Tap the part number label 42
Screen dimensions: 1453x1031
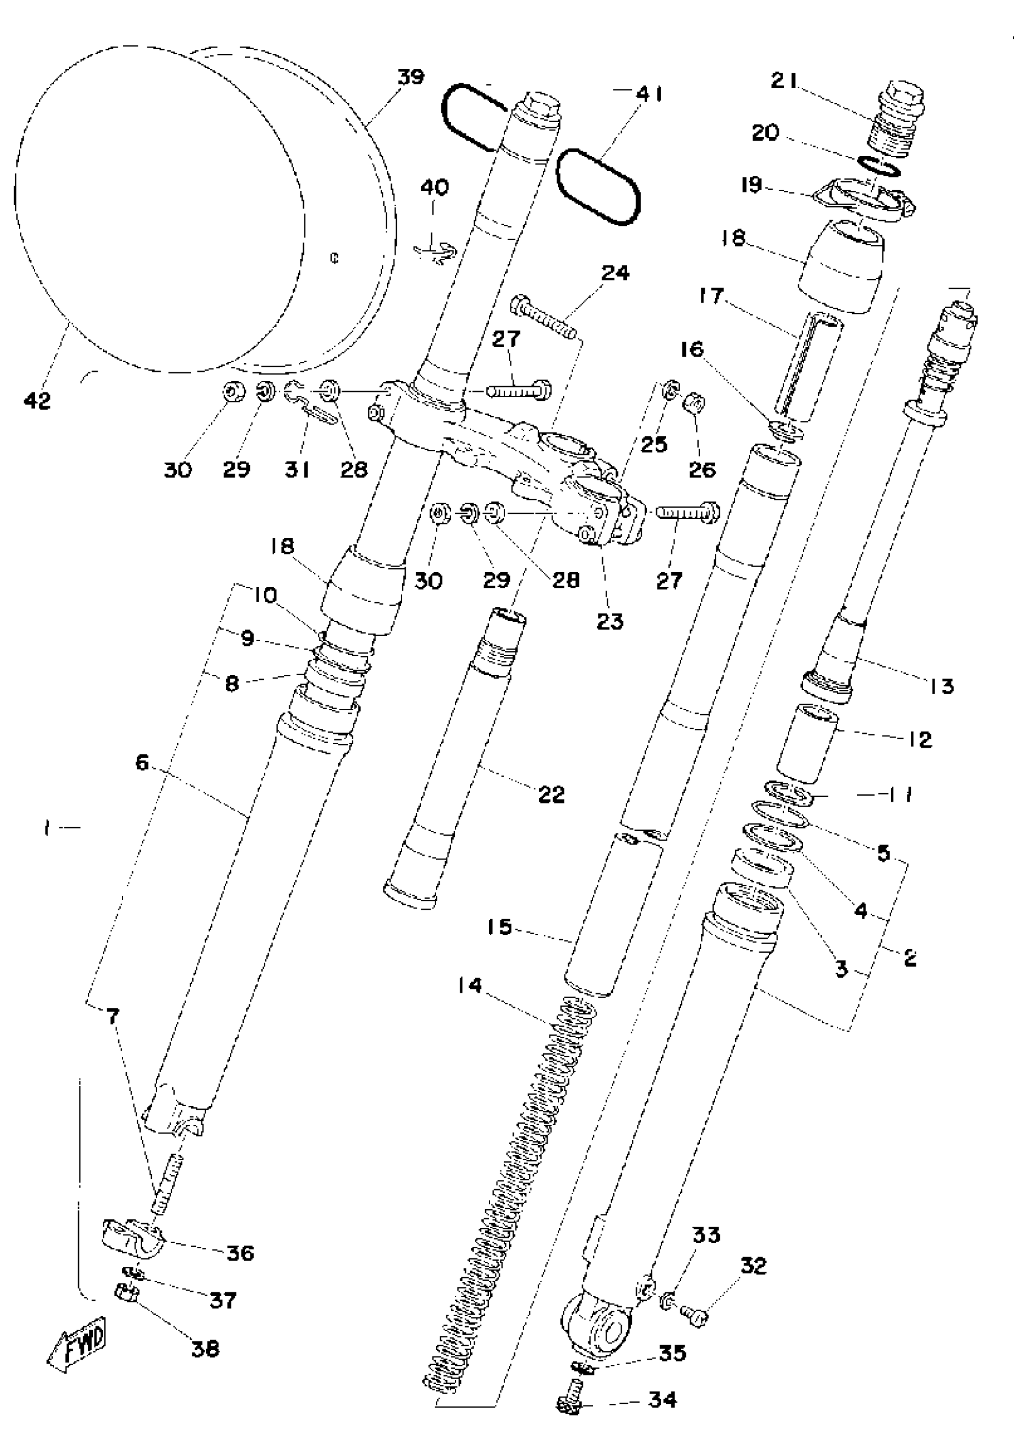click(x=37, y=400)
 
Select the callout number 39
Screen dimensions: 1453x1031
click(x=411, y=78)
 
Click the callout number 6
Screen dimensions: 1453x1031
click(x=141, y=762)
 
